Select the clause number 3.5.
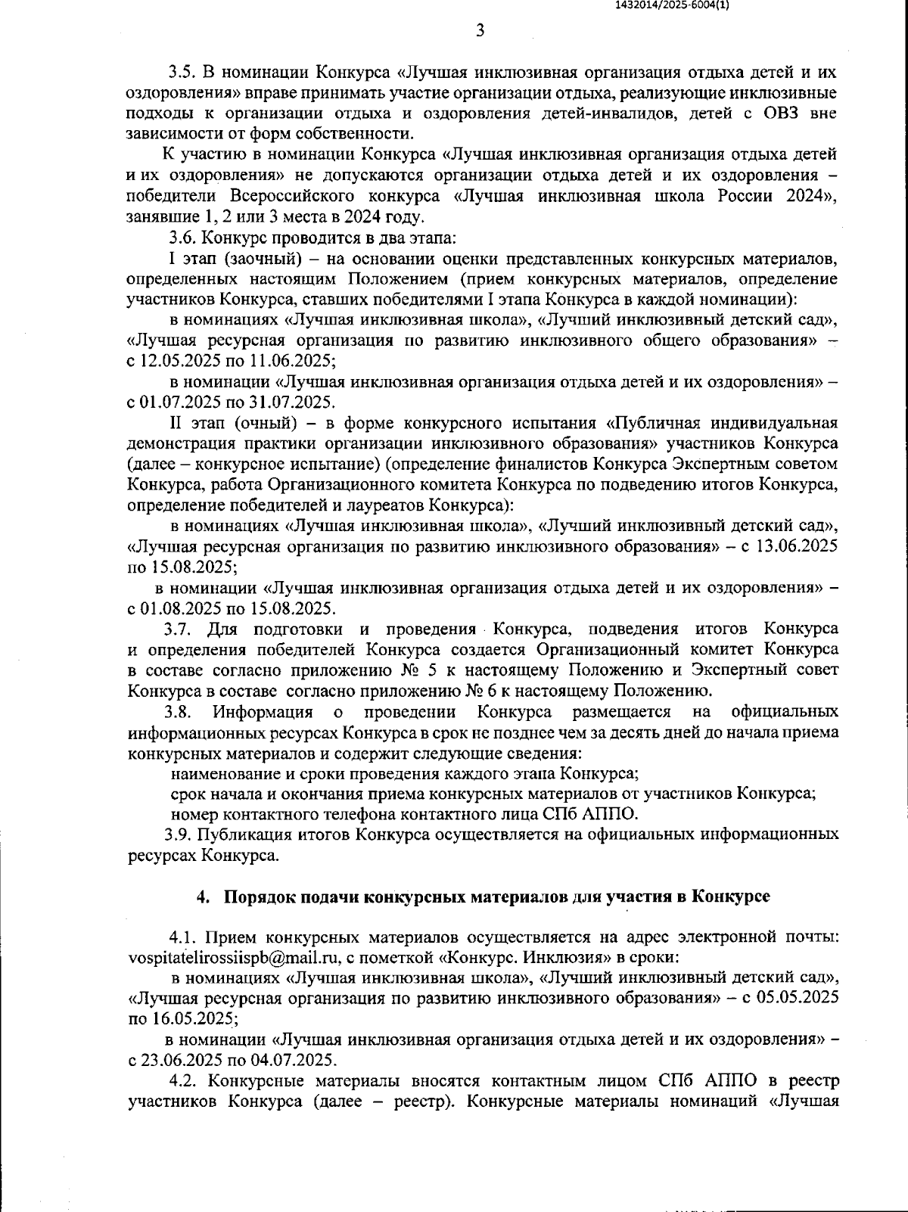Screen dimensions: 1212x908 point(182,73)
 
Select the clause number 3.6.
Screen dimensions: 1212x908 point(182,238)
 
